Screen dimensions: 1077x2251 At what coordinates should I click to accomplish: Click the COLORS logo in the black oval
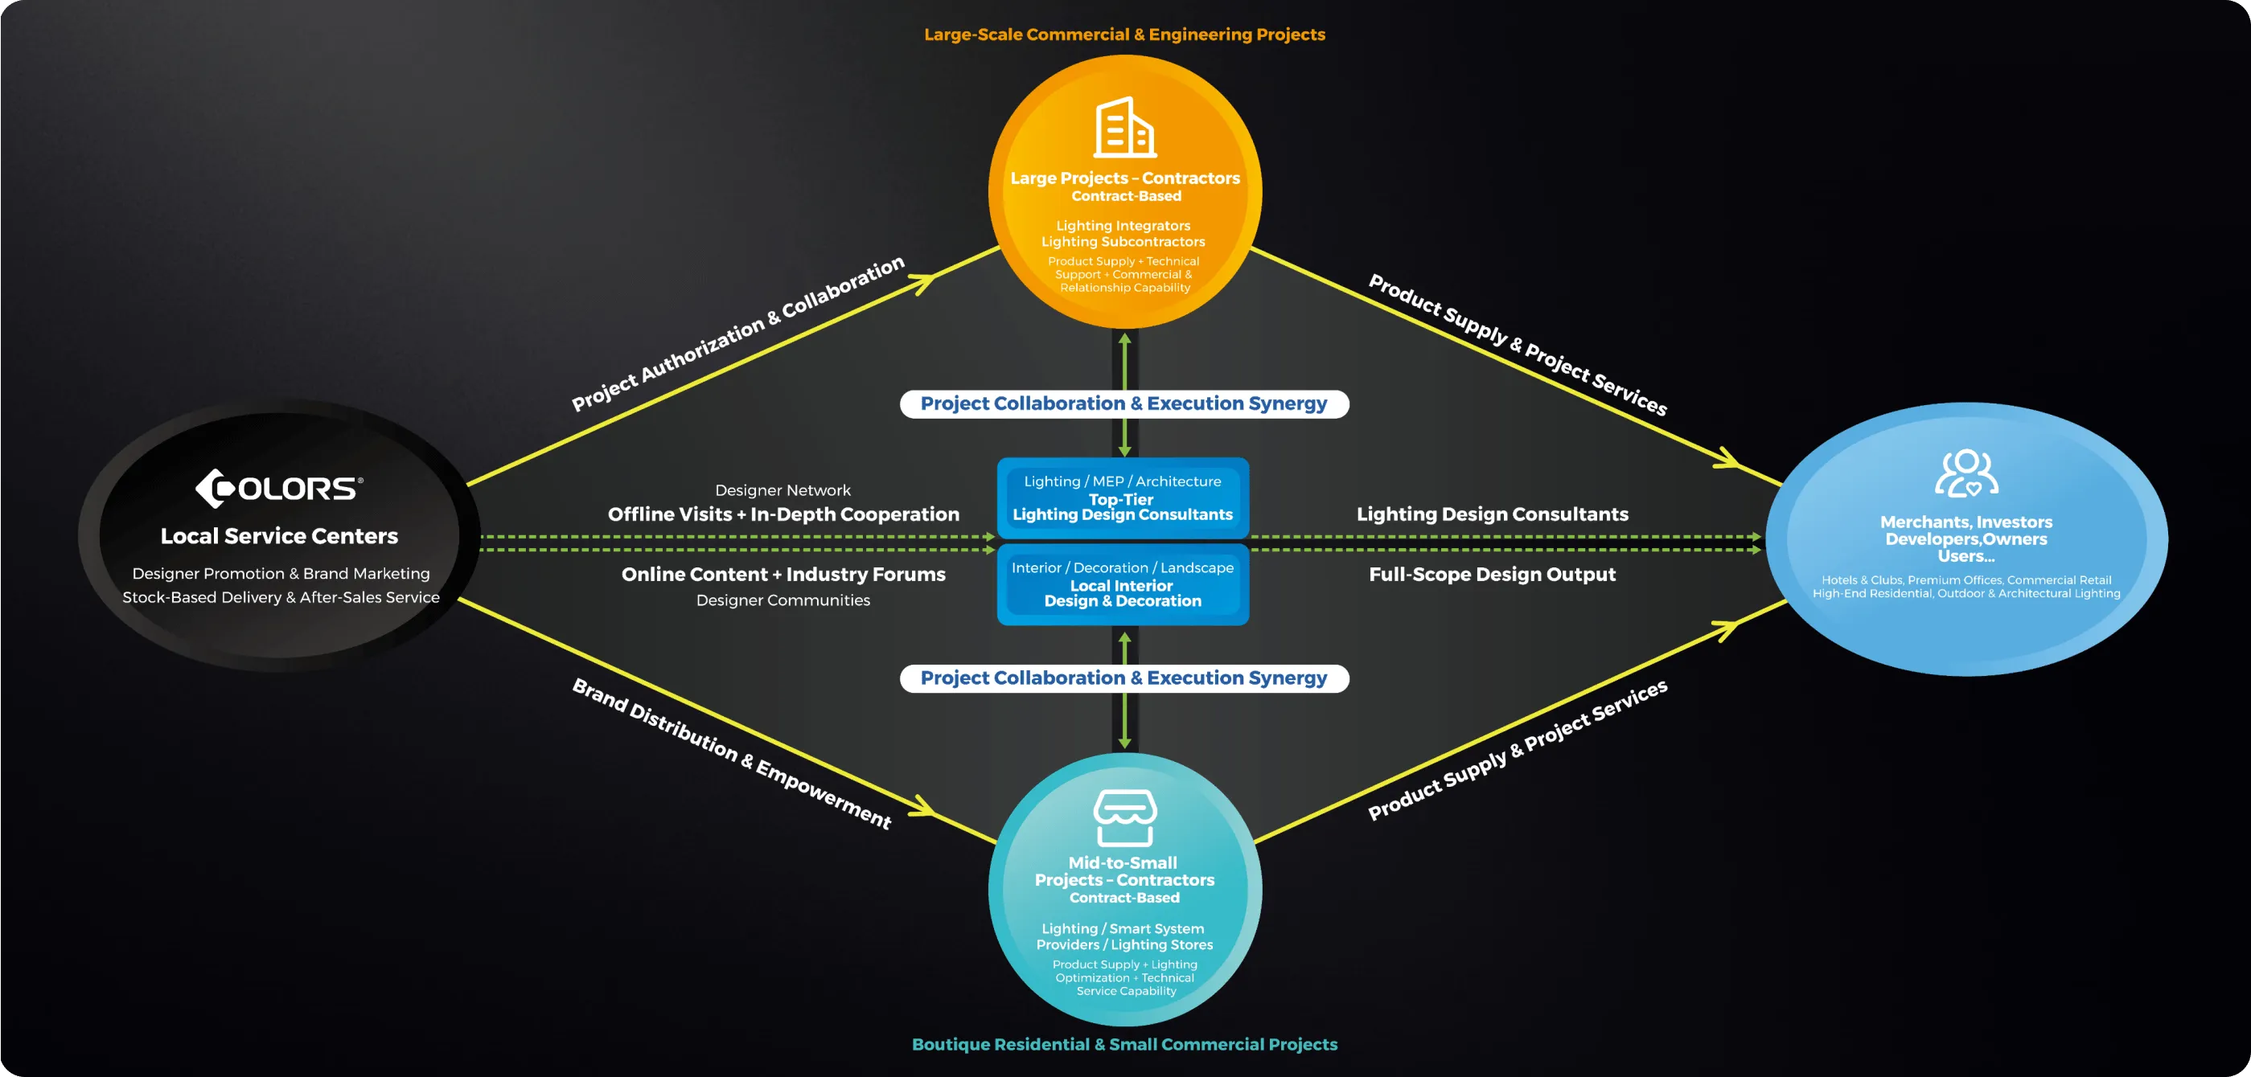click(x=279, y=489)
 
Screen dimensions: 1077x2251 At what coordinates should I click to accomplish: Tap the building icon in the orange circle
click(x=1124, y=128)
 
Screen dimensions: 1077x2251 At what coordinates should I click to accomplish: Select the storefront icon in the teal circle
click(x=1124, y=817)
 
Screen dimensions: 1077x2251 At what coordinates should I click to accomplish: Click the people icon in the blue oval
click(x=1966, y=473)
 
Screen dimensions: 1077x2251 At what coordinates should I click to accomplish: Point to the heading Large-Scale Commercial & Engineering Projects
click(x=1124, y=35)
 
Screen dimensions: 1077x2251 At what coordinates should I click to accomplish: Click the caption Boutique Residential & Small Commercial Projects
click(x=1124, y=1044)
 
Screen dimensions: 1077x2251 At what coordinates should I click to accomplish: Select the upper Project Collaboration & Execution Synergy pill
click(x=1123, y=403)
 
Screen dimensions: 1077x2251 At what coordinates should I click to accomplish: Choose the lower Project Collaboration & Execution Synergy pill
click(x=1123, y=678)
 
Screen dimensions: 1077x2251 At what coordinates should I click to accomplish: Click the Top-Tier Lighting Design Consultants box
click(x=1123, y=500)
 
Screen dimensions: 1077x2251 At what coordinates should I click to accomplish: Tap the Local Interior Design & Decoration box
click(x=1123, y=585)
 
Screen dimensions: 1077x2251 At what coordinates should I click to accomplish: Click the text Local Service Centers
click(x=279, y=536)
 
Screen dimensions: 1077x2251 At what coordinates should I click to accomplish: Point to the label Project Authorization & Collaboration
click(x=737, y=334)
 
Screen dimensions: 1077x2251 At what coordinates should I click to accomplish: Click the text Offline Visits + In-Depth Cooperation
click(x=783, y=514)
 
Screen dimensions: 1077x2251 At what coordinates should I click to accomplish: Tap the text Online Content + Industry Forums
click(x=783, y=575)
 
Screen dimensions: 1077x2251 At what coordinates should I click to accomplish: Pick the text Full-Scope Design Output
click(x=1492, y=575)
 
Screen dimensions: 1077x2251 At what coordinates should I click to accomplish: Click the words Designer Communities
click(x=783, y=600)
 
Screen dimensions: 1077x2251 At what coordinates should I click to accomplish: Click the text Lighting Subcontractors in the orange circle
click(x=1123, y=242)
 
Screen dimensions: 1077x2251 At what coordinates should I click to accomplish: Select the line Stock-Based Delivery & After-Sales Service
click(x=281, y=597)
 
